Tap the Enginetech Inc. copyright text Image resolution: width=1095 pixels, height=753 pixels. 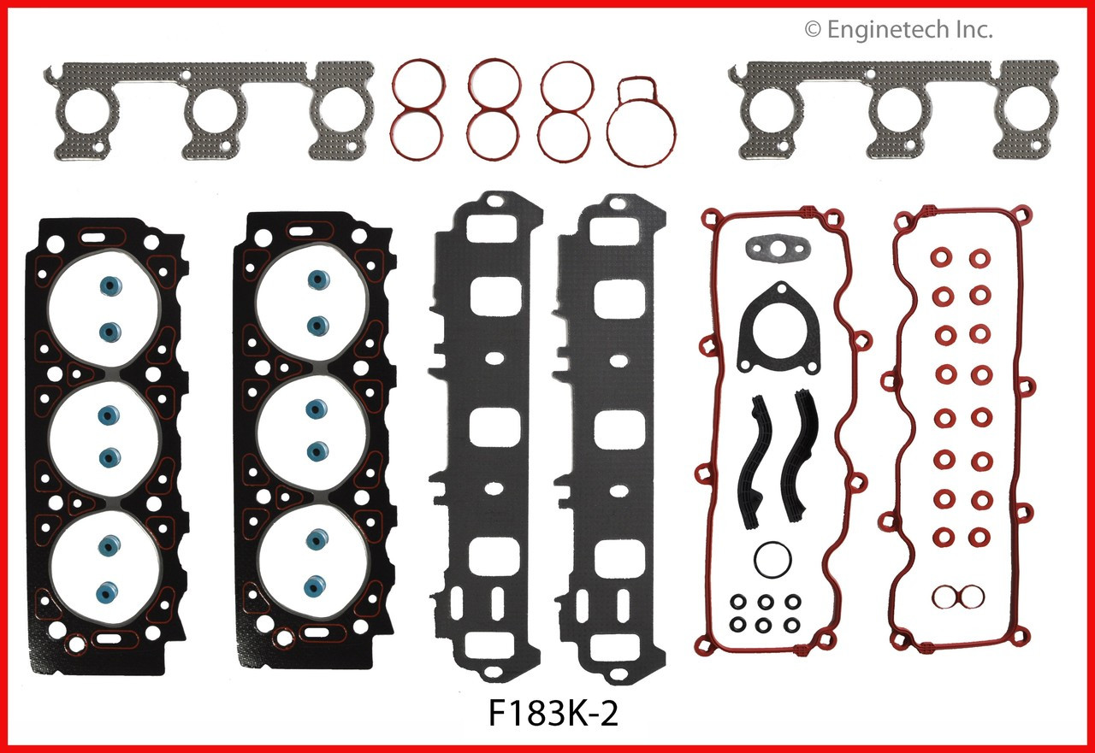(898, 31)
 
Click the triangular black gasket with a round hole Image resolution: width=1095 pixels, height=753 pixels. (774, 338)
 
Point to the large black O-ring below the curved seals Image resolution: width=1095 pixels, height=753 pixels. (772, 560)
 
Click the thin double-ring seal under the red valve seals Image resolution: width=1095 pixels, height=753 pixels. (950, 596)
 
